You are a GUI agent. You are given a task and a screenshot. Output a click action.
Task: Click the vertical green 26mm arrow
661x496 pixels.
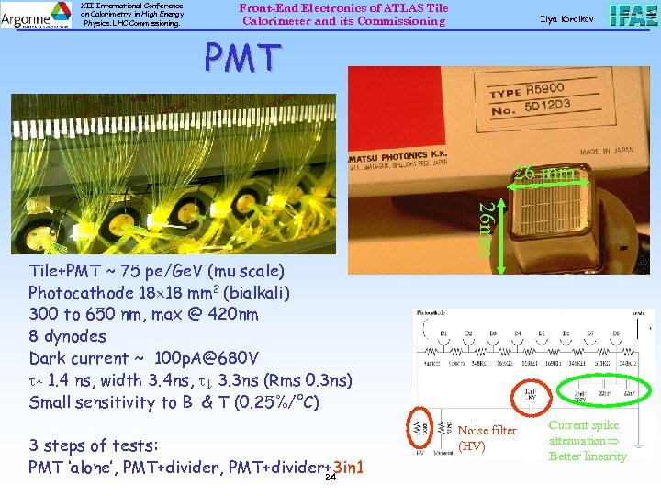click(x=501, y=235)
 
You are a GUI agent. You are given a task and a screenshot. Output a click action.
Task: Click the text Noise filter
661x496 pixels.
click(x=487, y=431)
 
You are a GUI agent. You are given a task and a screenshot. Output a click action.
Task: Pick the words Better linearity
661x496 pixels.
click(x=588, y=457)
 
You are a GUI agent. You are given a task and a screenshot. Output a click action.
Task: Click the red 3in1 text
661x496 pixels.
click(x=349, y=468)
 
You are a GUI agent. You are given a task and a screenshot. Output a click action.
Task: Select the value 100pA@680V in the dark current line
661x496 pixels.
click(x=207, y=358)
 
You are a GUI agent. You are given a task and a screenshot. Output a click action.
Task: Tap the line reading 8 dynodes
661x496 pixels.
click(x=67, y=336)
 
